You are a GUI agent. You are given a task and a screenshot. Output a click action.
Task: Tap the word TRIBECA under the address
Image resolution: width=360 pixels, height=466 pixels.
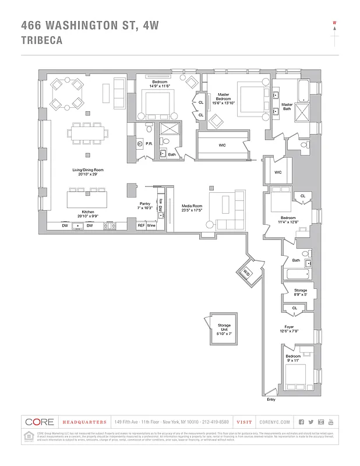tap(42, 41)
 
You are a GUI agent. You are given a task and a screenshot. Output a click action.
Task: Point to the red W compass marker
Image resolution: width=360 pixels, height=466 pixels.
tap(335, 24)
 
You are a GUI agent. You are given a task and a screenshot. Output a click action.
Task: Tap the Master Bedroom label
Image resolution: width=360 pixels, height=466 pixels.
tap(223, 97)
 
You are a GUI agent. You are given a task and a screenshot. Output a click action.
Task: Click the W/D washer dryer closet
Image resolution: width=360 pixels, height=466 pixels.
tap(246, 272)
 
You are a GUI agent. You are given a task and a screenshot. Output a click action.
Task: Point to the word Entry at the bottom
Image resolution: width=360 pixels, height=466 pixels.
tap(271, 399)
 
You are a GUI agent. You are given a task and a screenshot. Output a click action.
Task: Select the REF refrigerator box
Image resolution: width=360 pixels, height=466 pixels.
tap(141, 225)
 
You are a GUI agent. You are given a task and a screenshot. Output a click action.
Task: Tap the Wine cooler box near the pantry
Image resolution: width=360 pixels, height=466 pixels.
tap(151, 225)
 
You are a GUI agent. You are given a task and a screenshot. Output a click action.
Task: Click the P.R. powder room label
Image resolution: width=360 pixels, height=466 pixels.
tap(149, 143)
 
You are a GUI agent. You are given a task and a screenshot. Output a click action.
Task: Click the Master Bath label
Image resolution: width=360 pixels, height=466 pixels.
tap(287, 107)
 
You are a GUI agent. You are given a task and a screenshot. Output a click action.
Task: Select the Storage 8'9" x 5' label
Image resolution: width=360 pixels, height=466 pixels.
tap(301, 292)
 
